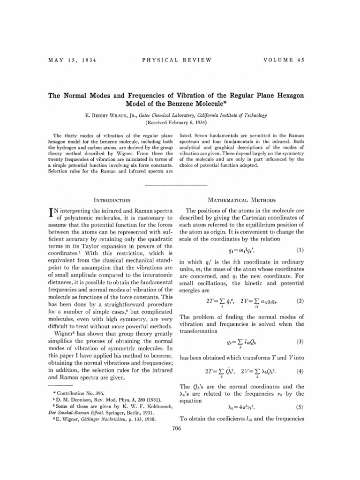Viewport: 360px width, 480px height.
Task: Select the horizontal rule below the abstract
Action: pos(180,185)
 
